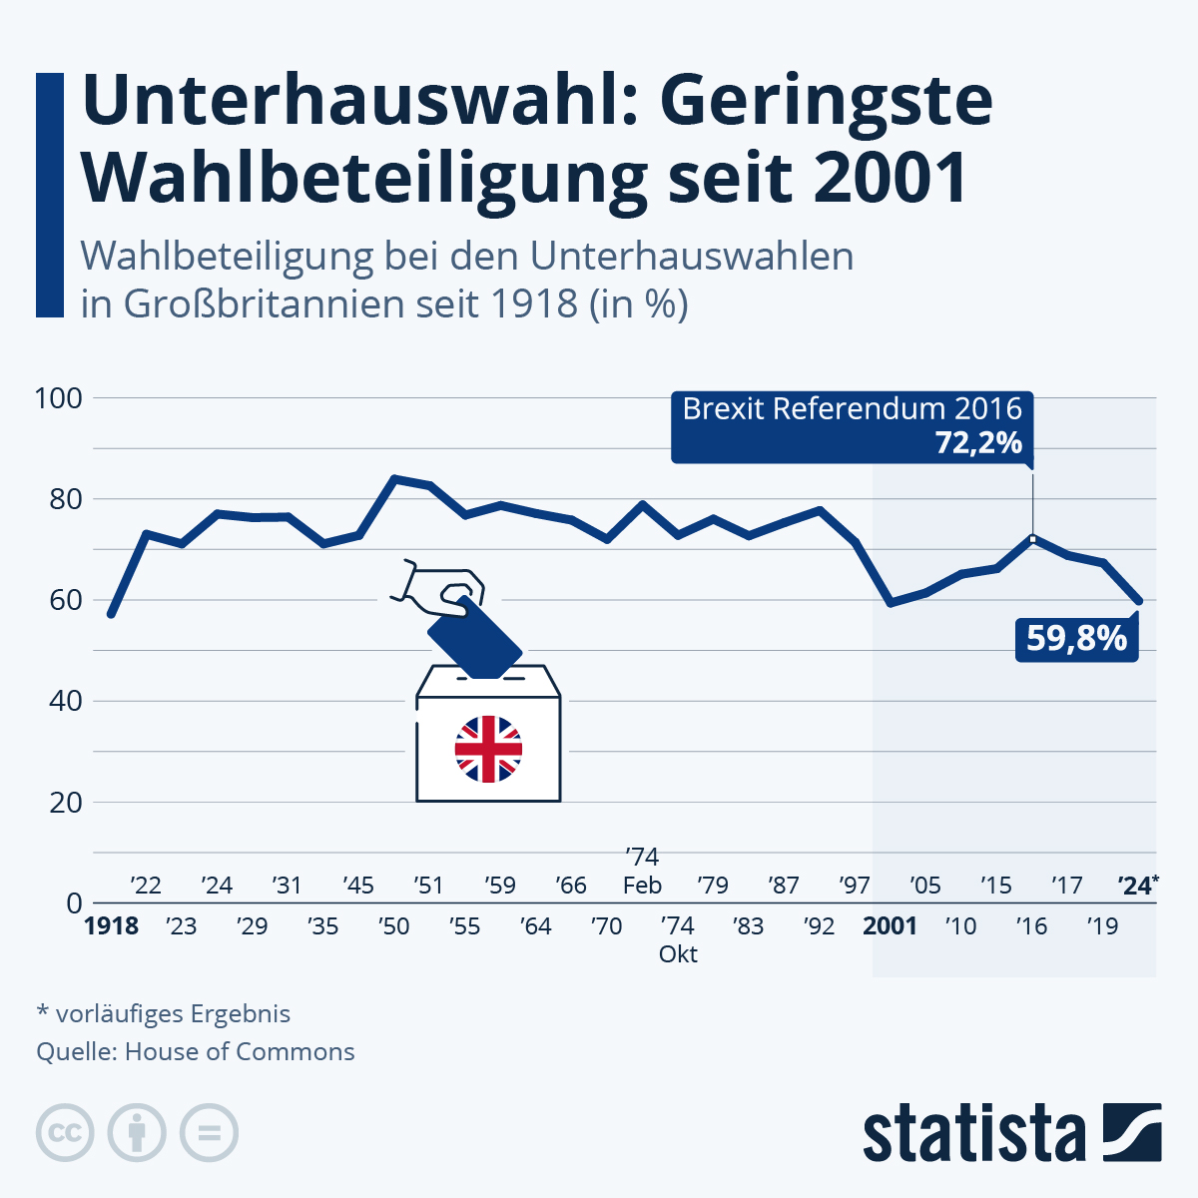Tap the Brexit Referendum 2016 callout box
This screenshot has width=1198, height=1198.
coord(853,426)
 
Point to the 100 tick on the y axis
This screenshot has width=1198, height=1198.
coord(58,398)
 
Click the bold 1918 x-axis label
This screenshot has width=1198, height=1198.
coord(111,926)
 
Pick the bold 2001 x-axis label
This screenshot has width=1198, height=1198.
coord(890,926)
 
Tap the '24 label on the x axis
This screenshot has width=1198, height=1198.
coord(1135,886)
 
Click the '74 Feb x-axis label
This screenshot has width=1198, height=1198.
coord(642,872)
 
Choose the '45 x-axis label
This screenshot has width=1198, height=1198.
coord(357,886)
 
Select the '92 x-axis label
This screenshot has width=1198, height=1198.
coord(819,926)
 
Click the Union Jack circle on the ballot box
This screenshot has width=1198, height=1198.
coord(488,749)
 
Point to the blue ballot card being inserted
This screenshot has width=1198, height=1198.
coord(474,638)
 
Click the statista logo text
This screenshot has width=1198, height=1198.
coord(974,1133)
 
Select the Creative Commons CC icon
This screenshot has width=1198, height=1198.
coord(65,1133)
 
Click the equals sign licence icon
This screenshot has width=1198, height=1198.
coord(209,1133)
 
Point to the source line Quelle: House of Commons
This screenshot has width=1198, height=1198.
coord(196,1052)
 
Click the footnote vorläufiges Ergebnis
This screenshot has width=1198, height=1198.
coord(173,1014)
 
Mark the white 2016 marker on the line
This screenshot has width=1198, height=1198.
coord(1032,539)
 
